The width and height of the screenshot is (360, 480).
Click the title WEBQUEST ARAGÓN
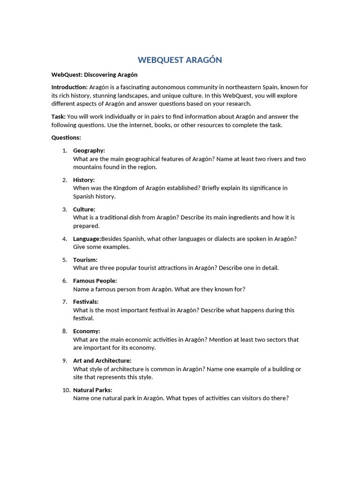pos(180,60)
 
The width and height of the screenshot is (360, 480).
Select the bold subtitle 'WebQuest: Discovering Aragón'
pos(94,75)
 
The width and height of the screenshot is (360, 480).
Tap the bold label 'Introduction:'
pos(69,87)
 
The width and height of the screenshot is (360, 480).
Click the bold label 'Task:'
pos(59,117)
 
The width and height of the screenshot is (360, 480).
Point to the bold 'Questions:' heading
pos(66,138)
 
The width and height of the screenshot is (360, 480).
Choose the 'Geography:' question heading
pos(89,150)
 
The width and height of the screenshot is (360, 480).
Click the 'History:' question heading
pos(84,180)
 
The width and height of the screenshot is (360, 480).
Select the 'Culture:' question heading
pos(84,210)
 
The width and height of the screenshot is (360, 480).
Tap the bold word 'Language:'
pos(87,239)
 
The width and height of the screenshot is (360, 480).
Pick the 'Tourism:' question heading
pos(85,260)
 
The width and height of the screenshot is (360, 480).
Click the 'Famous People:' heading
pos(95,281)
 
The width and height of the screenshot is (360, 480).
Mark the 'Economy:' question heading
pos(87,331)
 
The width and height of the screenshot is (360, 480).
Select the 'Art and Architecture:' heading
pos(102,361)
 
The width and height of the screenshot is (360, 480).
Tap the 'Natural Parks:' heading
pos(93,390)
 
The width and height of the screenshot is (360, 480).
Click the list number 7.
pos(65,302)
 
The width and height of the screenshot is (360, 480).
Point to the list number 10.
pos(66,390)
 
